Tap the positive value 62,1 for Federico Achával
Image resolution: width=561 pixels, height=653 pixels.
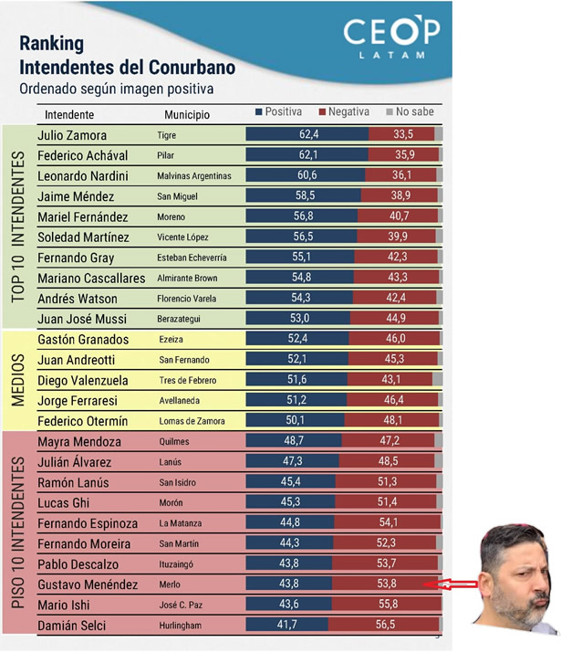307,156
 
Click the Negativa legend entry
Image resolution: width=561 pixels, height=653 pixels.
344,112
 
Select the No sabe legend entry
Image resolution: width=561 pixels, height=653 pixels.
410,112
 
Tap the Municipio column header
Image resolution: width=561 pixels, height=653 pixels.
186,115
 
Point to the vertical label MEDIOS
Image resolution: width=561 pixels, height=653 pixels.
17,380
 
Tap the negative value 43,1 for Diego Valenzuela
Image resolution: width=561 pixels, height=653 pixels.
394,380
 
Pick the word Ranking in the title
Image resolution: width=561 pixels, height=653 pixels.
51,43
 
